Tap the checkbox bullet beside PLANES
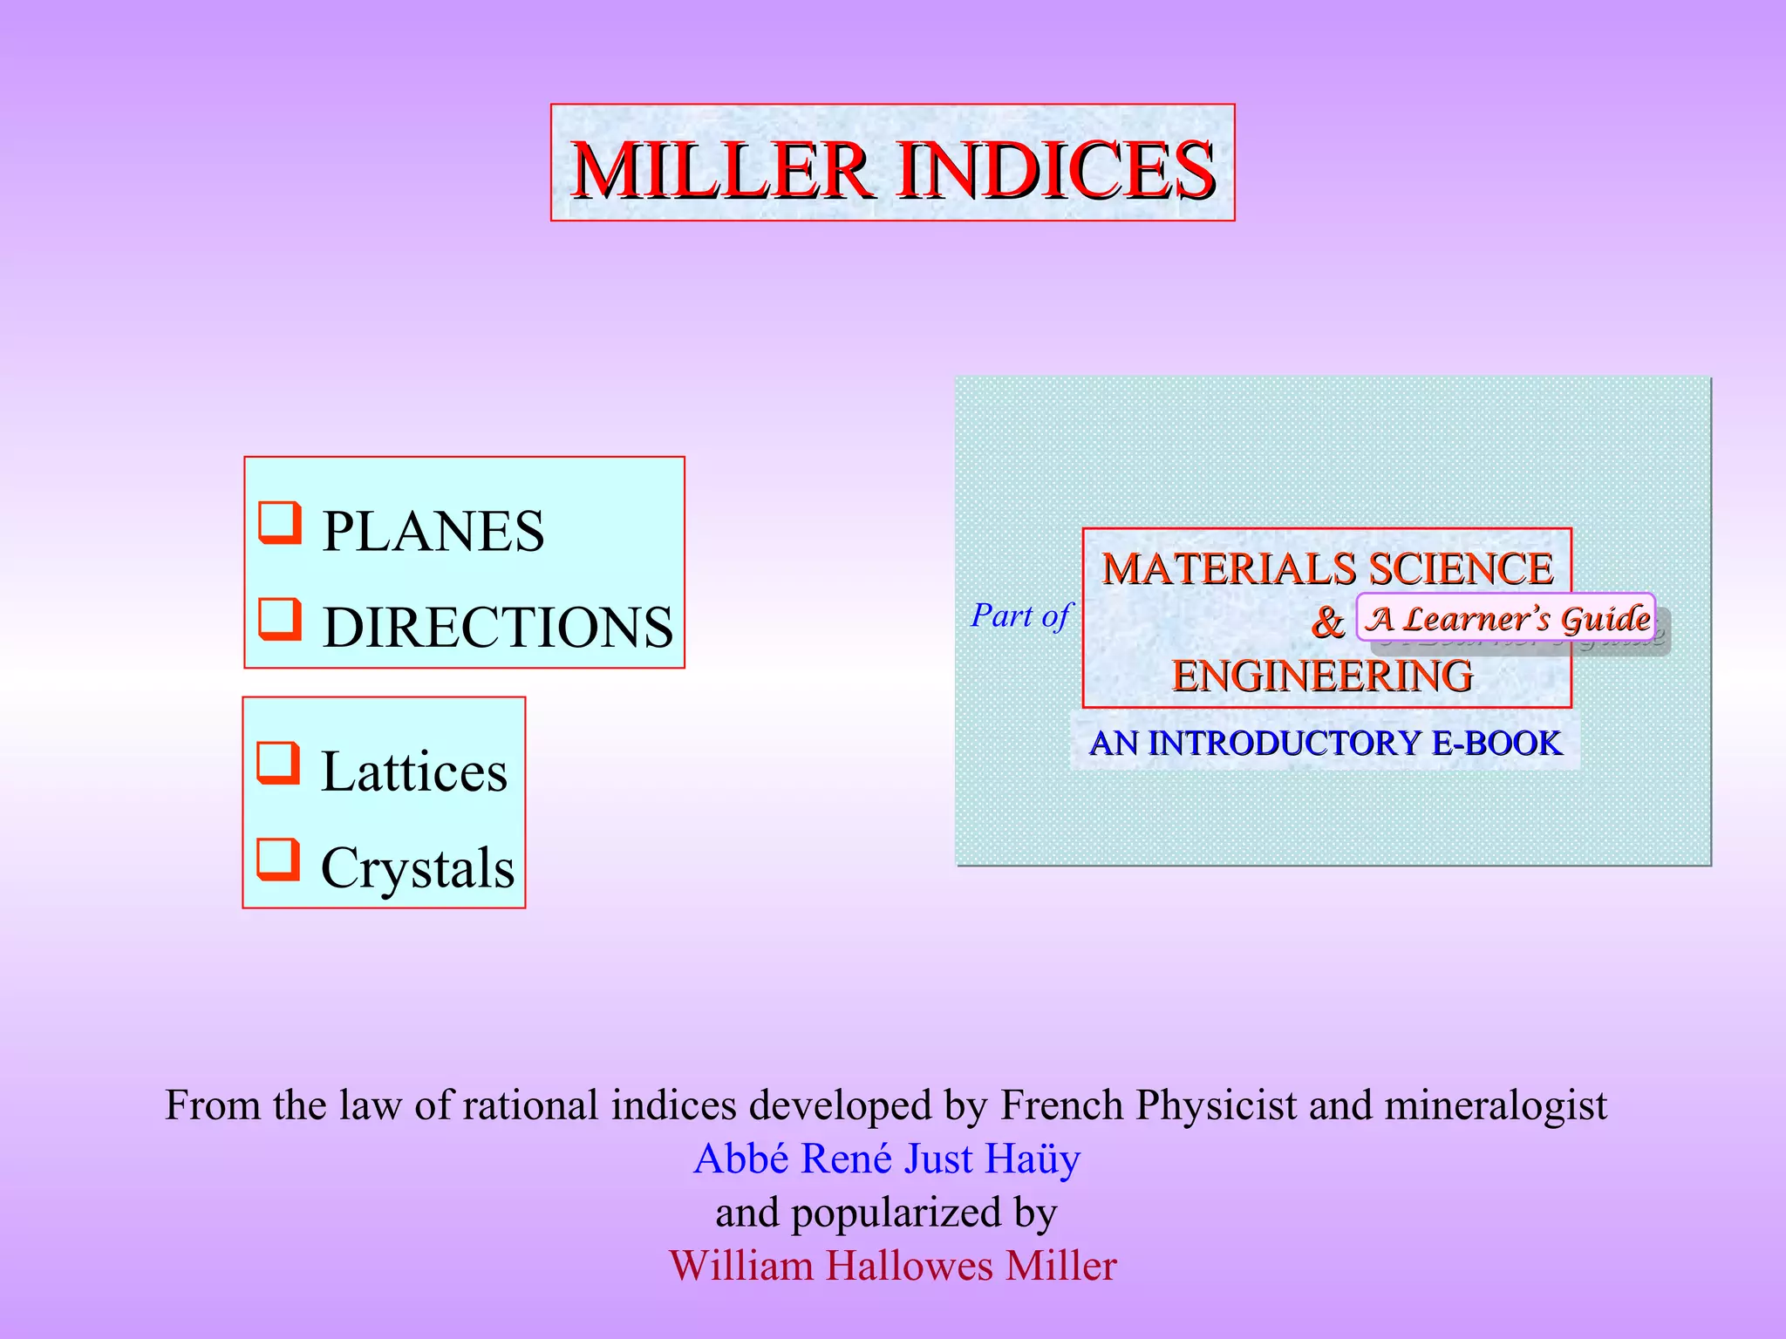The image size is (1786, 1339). click(x=280, y=522)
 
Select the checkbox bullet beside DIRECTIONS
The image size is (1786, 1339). click(x=280, y=618)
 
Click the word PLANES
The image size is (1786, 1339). click(x=433, y=532)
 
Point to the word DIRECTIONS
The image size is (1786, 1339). click(x=497, y=628)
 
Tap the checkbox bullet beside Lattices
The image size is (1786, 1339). click(x=278, y=763)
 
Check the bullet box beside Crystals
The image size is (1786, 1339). click(x=278, y=859)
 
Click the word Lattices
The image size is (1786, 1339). click(x=414, y=772)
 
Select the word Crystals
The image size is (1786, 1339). click(x=418, y=868)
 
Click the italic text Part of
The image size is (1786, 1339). click(x=1020, y=616)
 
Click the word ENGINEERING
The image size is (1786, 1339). click(x=1322, y=676)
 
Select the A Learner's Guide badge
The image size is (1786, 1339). click(x=1506, y=618)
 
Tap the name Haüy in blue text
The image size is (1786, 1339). click(x=1033, y=1159)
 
